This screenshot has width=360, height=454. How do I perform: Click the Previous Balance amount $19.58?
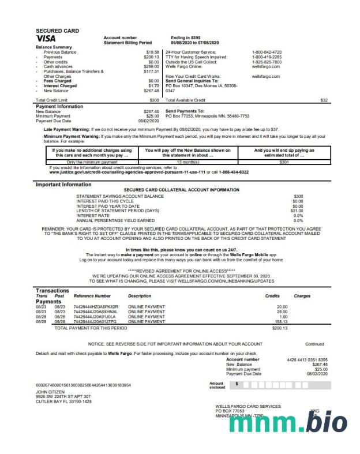pyautogui.click(x=152, y=52)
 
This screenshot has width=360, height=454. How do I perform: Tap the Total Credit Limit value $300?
pyautogui.click(x=154, y=100)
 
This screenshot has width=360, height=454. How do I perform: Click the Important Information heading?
pyautogui.click(x=63, y=185)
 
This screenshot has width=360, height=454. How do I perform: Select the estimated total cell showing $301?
pyautogui.click(x=284, y=162)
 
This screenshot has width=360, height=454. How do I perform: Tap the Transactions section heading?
pyautogui.click(x=52, y=291)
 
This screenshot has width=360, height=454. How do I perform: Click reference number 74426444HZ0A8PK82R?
pyautogui.click(x=96, y=307)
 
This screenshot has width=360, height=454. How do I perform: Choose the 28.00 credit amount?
pyautogui.click(x=282, y=312)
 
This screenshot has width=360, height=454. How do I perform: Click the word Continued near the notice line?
pyautogui.click(x=314, y=344)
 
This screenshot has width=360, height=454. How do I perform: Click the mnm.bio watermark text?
pyautogui.click(x=288, y=424)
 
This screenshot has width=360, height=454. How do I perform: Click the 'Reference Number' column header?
pyautogui.click(x=92, y=296)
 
